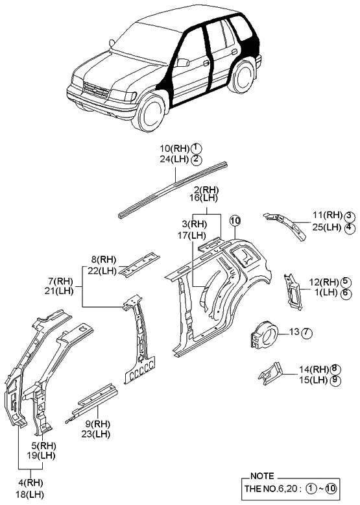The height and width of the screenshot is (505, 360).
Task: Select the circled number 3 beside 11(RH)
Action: pyautogui.click(x=348, y=216)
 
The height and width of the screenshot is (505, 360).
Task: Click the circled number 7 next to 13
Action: pyautogui.click(x=307, y=333)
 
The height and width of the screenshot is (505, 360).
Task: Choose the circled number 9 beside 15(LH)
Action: pyautogui.click(x=335, y=380)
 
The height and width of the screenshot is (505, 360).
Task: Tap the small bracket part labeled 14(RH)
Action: pyautogui.click(x=271, y=373)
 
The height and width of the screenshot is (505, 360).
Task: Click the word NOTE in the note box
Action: pyautogui.click(x=261, y=476)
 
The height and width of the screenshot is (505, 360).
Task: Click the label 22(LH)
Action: pyautogui.click(x=103, y=271)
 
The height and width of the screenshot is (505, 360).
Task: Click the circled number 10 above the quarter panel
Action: pyautogui.click(x=234, y=219)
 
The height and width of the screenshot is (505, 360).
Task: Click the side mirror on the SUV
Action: pyautogui.click(x=184, y=63)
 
